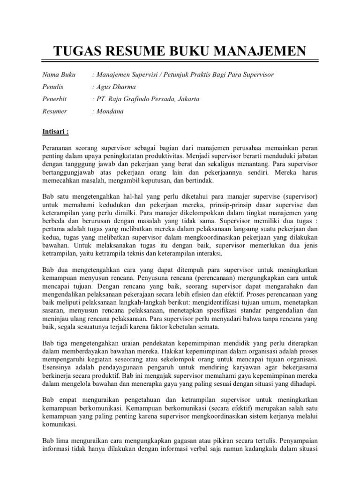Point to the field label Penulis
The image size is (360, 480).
click(x=53, y=87)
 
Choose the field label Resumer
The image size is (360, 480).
click(x=55, y=112)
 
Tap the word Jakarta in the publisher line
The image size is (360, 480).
click(x=187, y=99)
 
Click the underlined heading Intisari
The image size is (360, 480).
click(x=56, y=132)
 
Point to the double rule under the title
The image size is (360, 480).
click(x=180, y=61)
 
